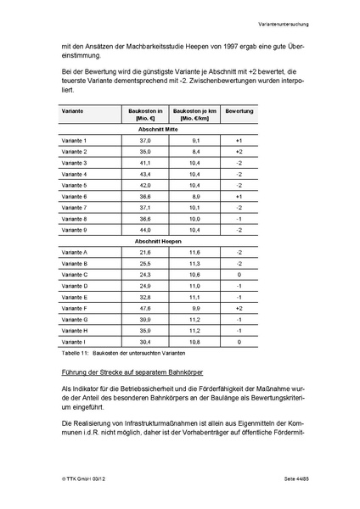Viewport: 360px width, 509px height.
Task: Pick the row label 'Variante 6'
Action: [x=75, y=196]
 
